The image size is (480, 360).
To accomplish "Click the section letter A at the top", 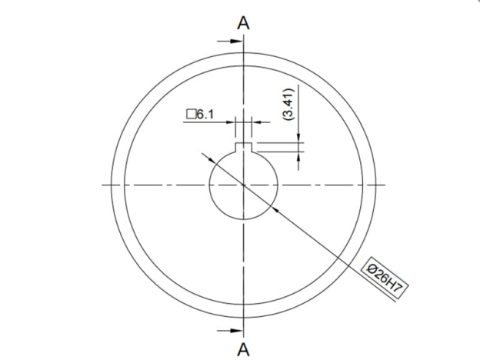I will pos(243,22).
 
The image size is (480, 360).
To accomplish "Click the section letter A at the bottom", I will pos(243,349).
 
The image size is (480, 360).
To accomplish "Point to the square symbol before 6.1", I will pos(190,115).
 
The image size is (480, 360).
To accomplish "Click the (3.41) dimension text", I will pos(288,103).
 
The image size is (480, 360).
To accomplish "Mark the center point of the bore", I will pos(243,185).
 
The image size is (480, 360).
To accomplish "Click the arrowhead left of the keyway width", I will pos(232,122).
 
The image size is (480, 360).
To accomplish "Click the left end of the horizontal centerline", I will pos(103,185).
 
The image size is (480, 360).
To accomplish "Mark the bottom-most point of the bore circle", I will pos(243,218).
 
